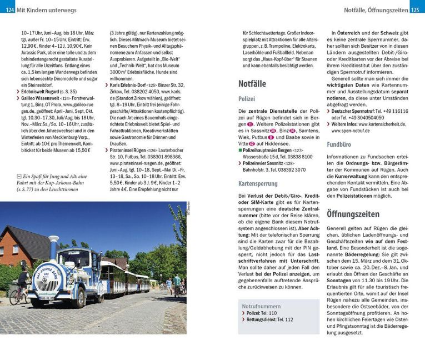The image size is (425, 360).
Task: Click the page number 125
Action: (417, 9)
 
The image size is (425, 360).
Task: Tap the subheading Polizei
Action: (247, 99)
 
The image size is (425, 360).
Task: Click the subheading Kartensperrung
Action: (258, 183)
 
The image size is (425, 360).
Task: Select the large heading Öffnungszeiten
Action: (353, 214)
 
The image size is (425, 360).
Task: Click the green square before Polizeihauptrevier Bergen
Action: (239, 150)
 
